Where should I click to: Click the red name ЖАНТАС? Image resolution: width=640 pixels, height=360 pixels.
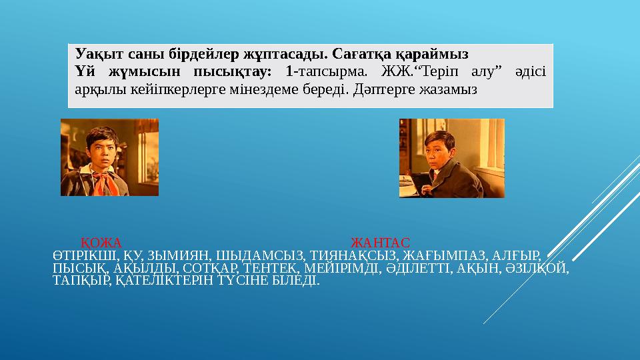click(x=380, y=241)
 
